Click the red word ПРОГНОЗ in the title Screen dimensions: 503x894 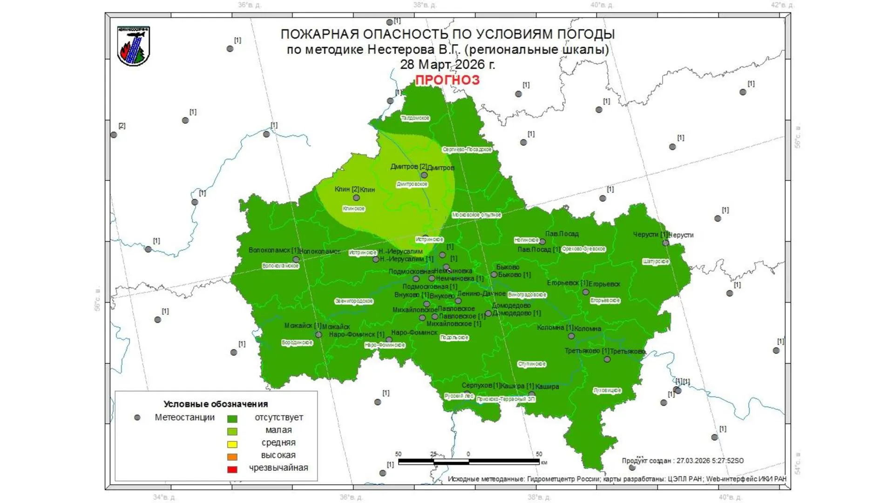click(x=447, y=80)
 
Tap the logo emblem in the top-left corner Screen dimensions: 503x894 click(x=133, y=46)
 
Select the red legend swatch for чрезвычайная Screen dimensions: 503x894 click(x=232, y=469)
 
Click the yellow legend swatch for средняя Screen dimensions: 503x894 click(x=232, y=444)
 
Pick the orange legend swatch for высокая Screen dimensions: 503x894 click(x=232, y=456)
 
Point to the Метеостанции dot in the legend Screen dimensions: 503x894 click(x=137, y=418)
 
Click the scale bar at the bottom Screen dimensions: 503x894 click(x=468, y=462)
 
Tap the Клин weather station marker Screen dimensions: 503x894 click(x=356, y=197)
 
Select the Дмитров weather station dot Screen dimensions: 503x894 click(x=424, y=175)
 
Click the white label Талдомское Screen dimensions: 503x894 click(x=415, y=118)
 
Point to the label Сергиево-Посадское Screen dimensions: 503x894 click(x=467, y=150)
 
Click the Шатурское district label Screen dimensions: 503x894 click(x=656, y=262)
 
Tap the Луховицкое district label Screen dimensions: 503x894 click(x=607, y=390)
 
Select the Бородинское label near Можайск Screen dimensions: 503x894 click(x=297, y=343)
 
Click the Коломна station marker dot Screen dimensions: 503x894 click(x=571, y=336)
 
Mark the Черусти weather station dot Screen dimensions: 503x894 click(x=666, y=243)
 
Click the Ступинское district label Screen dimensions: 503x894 click(x=532, y=364)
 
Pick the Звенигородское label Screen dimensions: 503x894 click(x=354, y=301)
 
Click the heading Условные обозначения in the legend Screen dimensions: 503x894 click(x=216, y=404)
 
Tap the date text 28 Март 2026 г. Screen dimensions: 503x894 click(x=447, y=64)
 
